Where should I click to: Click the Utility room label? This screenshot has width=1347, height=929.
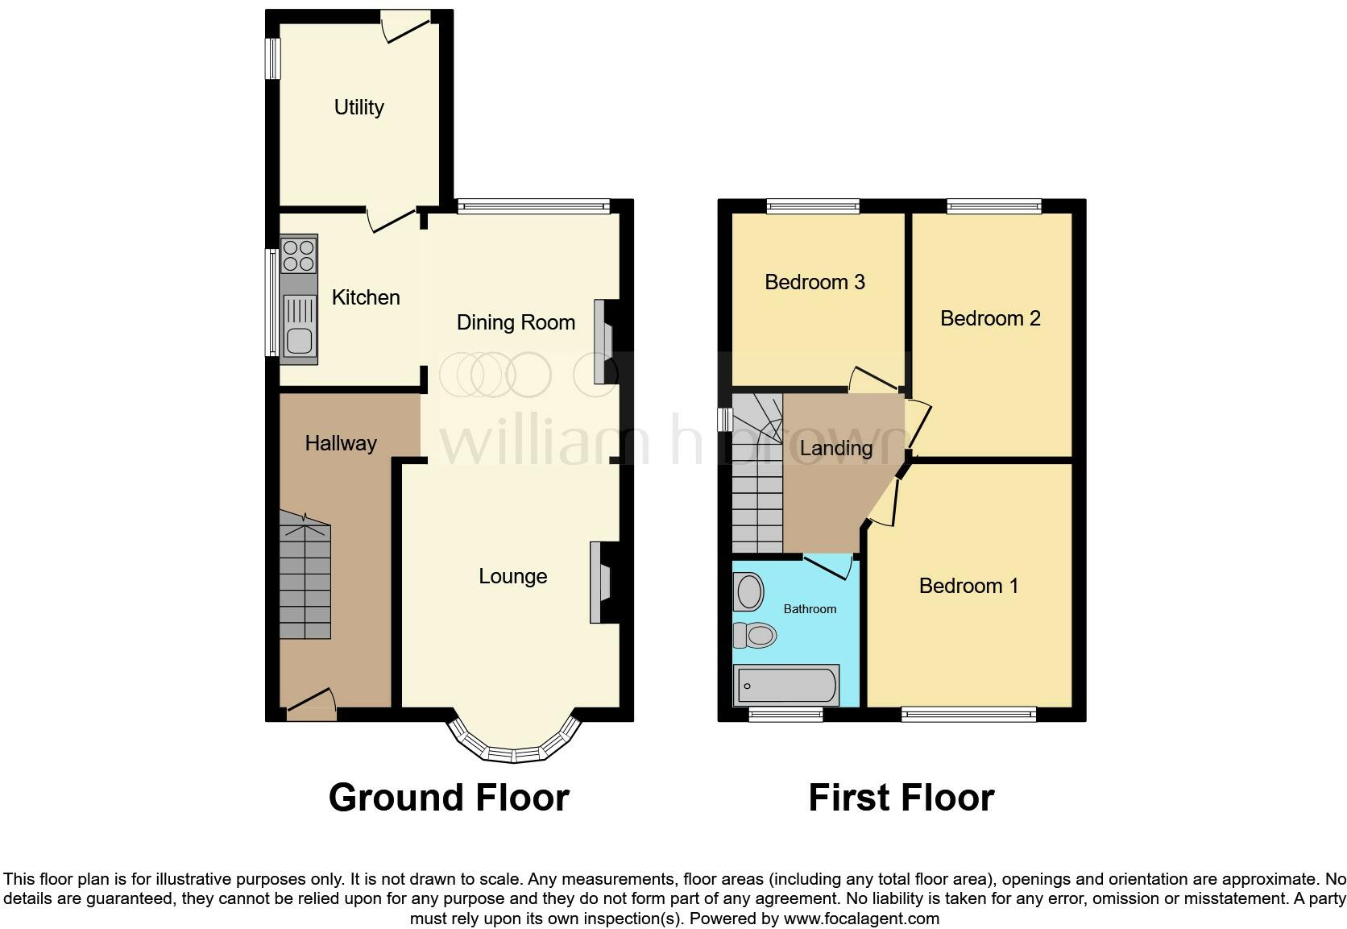point(359,107)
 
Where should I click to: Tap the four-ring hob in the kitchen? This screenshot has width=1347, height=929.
point(298,253)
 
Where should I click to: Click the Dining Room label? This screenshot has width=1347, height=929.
point(516,322)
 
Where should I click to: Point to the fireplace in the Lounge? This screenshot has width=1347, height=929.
point(600,582)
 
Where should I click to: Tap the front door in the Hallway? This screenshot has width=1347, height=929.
point(310,705)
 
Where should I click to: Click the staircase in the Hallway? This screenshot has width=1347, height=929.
point(305,576)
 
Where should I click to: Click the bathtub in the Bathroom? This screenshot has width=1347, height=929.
point(785,685)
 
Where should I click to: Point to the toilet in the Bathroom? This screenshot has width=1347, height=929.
point(755,636)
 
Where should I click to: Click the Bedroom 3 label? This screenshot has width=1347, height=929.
point(814,282)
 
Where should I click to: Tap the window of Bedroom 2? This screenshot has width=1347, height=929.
point(994,207)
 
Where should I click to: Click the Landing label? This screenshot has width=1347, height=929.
point(836,448)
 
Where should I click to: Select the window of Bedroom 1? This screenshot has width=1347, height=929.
point(968,713)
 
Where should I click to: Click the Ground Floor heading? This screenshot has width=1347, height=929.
point(449,798)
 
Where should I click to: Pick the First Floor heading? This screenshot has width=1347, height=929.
point(901,798)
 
